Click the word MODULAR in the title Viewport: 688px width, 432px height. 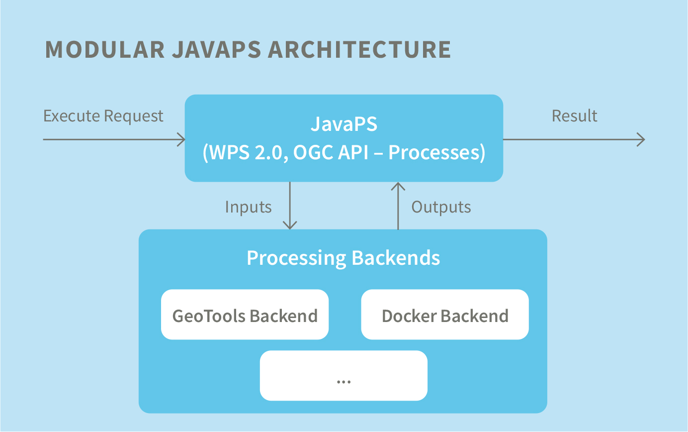(x=104, y=50)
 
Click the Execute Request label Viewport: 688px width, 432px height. (x=103, y=116)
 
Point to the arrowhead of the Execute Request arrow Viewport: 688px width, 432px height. (x=182, y=139)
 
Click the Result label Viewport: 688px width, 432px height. (x=574, y=116)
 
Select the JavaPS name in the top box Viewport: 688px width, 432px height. (x=344, y=124)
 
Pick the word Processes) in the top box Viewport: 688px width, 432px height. (x=436, y=153)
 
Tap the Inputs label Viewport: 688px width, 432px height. (x=248, y=207)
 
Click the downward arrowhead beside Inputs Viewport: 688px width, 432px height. (x=289, y=225)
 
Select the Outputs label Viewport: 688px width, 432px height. (x=441, y=207)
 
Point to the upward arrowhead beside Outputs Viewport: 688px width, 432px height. (x=398, y=186)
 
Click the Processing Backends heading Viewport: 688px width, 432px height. (x=343, y=258)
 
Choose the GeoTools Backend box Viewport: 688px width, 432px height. (x=245, y=315)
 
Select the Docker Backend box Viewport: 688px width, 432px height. (x=444, y=315)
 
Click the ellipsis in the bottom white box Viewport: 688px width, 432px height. (x=344, y=382)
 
